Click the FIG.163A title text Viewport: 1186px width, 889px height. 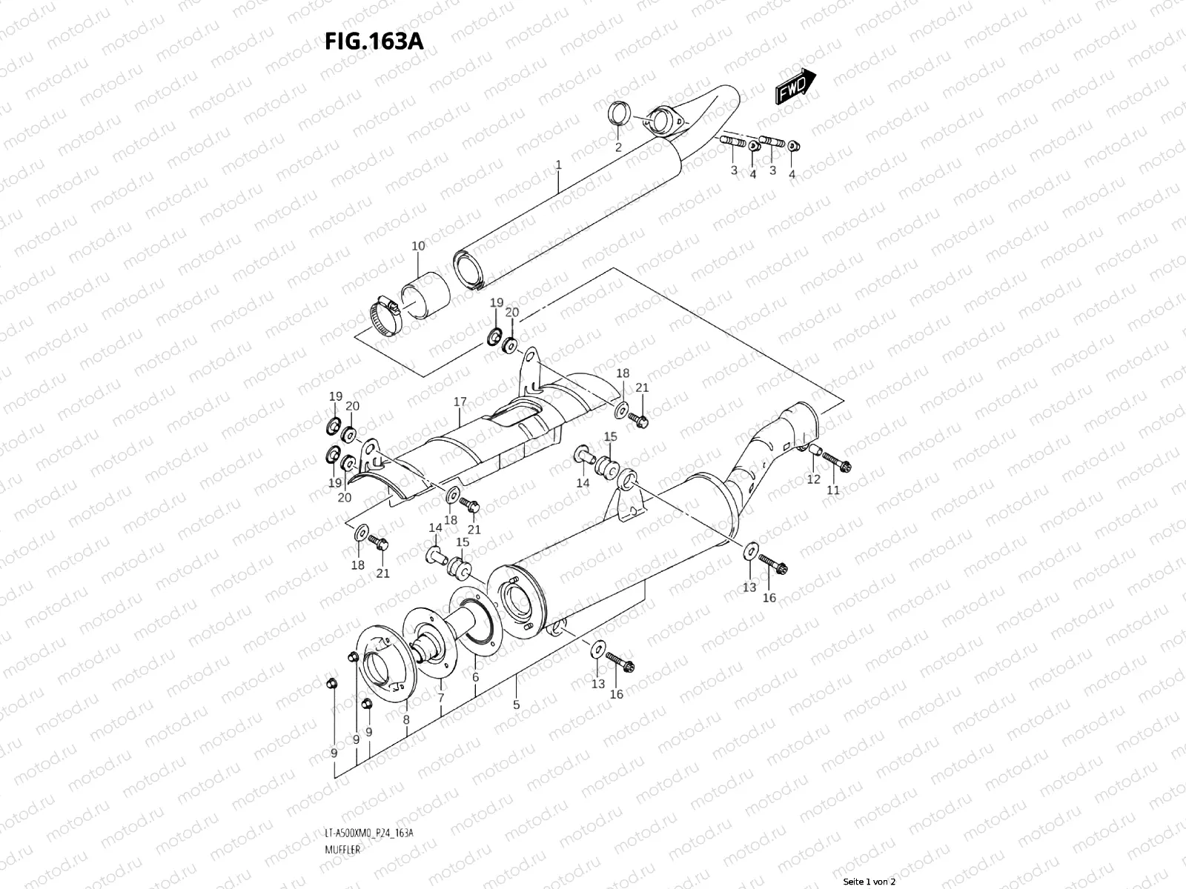[374, 40]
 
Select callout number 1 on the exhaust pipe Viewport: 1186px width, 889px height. [558, 164]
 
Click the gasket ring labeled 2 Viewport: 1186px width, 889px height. [619, 115]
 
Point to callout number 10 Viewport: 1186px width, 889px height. [418, 246]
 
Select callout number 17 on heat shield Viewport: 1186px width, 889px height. [460, 402]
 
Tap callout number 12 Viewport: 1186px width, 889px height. [813, 479]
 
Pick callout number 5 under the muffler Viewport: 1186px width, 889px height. [517, 705]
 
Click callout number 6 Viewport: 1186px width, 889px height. [475, 678]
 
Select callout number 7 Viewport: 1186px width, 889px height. [441, 698]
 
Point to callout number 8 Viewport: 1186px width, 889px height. [406, 719]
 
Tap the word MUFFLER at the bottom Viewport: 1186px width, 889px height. [342, 808]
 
